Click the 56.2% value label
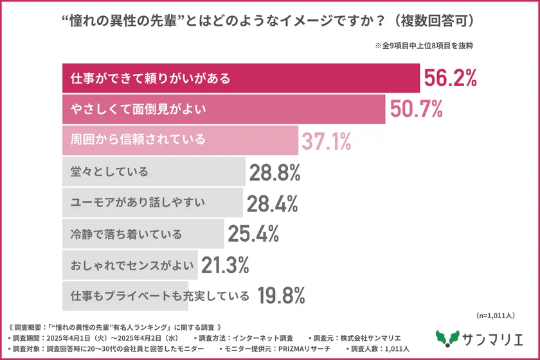coord(449,78)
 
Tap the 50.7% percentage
coord(415,110)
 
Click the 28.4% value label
coord(272,203)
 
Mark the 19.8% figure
coord(281,296)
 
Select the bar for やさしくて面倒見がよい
coord(222,110)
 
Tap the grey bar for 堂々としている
coord(154,172)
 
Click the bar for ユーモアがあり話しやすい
coord(152,203)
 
